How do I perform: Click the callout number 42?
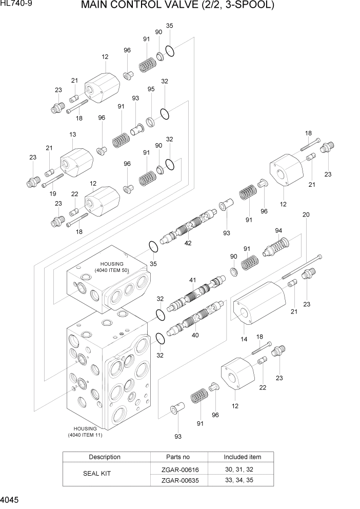click(x=188, y=243)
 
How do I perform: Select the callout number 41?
click(x=193, y=280)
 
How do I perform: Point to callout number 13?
click(x=72, y=134)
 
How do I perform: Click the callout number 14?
click(x=243, y=339)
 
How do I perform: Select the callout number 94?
click(x=278, y=230)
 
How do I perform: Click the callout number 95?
click(x=151, y=89)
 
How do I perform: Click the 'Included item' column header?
click(x=242, y=457)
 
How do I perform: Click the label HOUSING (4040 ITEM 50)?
click(x=112, y=267)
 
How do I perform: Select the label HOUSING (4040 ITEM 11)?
click(x=85, y=432)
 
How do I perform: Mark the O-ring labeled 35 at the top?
click(x=170, y=50)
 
